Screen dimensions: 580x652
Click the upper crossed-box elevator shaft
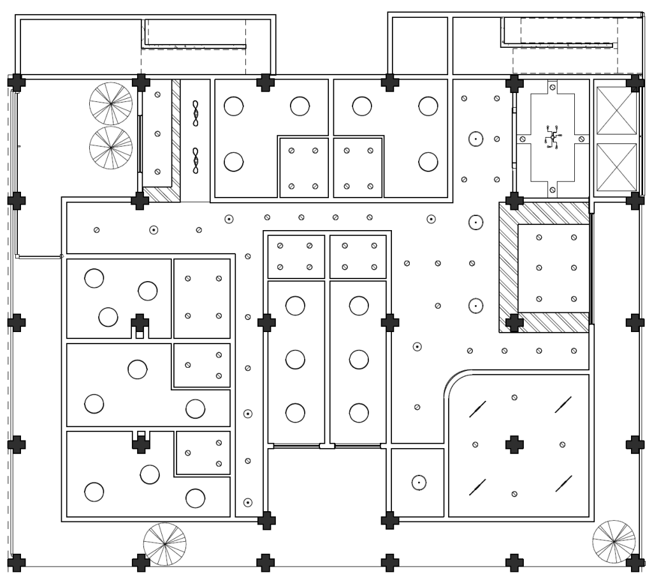tap(616, 111)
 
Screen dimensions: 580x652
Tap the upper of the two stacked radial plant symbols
tap(110, 103)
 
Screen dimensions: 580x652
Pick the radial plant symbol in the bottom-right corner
tap(613, 541)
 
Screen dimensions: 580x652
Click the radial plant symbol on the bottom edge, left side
tap(164, 544)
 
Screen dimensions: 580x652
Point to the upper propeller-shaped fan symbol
tap(196, 112)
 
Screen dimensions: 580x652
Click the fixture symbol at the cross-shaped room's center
tap(553, 137)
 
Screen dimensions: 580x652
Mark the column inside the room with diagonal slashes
tap(514, 444)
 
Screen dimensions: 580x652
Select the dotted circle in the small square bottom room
tap(419, 482)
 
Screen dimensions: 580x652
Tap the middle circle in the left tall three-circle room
tap(295, 359)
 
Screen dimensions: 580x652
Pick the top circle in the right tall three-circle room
tap(359, 306)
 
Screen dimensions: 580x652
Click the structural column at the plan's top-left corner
tap(17, 82)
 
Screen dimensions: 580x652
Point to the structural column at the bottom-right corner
tap(634, 562)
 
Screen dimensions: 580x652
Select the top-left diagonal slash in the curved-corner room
tap(477, 409)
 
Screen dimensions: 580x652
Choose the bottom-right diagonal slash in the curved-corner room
tap(563, 484)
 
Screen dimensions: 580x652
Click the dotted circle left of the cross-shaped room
tap(475, 138)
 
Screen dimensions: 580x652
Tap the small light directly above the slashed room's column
tap(514, 398)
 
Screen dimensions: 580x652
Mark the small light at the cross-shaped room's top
tap(553, 87)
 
